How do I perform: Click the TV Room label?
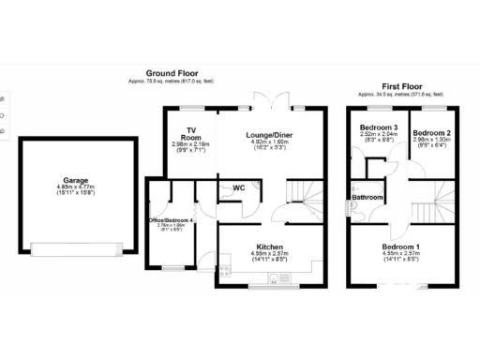point(192,133)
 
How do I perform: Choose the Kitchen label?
point(270,246)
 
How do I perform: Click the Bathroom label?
point(367,198)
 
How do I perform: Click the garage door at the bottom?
point(76,249)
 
